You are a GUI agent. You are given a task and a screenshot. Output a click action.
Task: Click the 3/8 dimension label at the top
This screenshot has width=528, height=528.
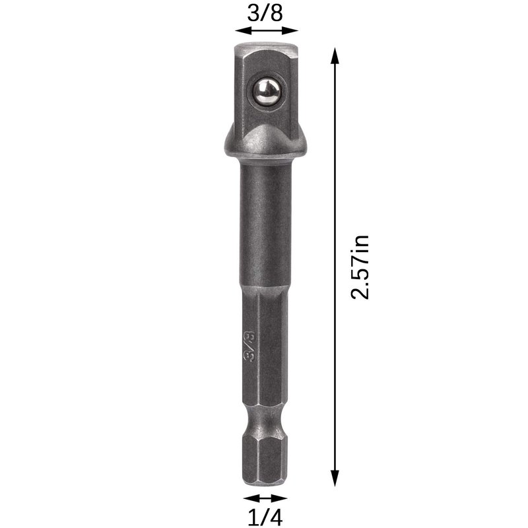pos(265,13)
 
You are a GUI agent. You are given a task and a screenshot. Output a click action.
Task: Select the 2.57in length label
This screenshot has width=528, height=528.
pos(360,267)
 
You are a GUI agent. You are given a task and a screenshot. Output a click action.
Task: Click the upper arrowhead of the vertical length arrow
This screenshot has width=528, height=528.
pos(335,56)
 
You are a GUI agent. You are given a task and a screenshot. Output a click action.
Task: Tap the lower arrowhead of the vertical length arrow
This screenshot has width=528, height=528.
pos(335,478)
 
